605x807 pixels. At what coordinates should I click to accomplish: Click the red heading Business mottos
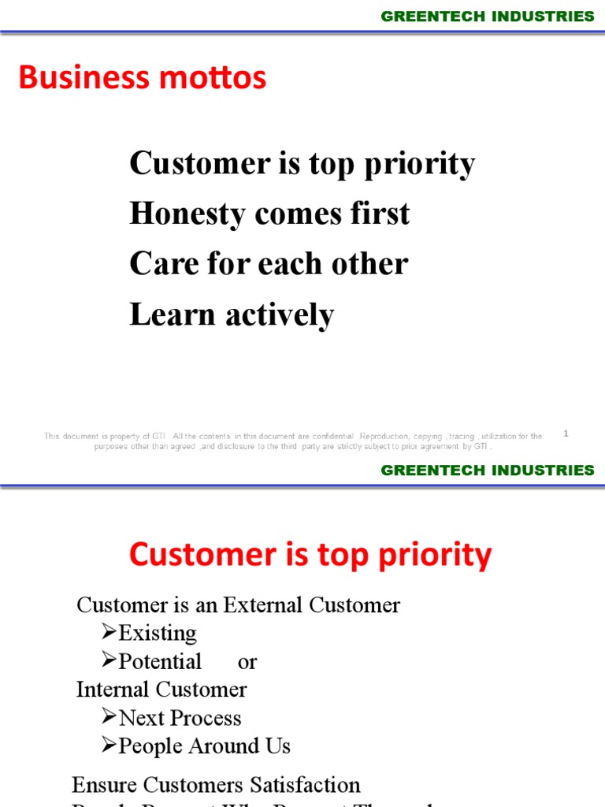pos(143,78)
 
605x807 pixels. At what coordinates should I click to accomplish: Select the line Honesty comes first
pos(269,214)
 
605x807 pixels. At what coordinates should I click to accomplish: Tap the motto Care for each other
pos(269,263)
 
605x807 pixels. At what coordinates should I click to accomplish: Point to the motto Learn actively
pos(232,314)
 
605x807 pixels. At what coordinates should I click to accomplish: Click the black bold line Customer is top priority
pos(302,164)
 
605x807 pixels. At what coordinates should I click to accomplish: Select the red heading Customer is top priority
pos(310,555)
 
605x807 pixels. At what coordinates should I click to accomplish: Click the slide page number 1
pos(566,433)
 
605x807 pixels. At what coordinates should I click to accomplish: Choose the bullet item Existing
pos(158,633)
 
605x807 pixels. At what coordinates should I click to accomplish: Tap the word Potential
pos(160,661)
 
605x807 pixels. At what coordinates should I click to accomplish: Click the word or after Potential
pos(247,662)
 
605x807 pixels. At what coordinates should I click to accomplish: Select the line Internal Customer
pos(161,690)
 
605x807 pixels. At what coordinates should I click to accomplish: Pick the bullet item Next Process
pos(180,718)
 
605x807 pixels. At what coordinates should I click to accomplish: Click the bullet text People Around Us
pos(204,746)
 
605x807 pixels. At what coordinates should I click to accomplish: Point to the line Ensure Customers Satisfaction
pos(216,785)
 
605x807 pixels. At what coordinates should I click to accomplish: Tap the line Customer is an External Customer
pos(238,605)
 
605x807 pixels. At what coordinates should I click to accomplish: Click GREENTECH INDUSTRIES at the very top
pos(488,17)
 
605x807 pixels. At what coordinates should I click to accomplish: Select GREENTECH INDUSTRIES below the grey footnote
pos(488,470)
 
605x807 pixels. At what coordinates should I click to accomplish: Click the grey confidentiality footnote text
pos(293,441)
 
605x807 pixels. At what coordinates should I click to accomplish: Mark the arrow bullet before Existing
pos(109,633)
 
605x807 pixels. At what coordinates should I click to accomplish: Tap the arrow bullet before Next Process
pos(109,718)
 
